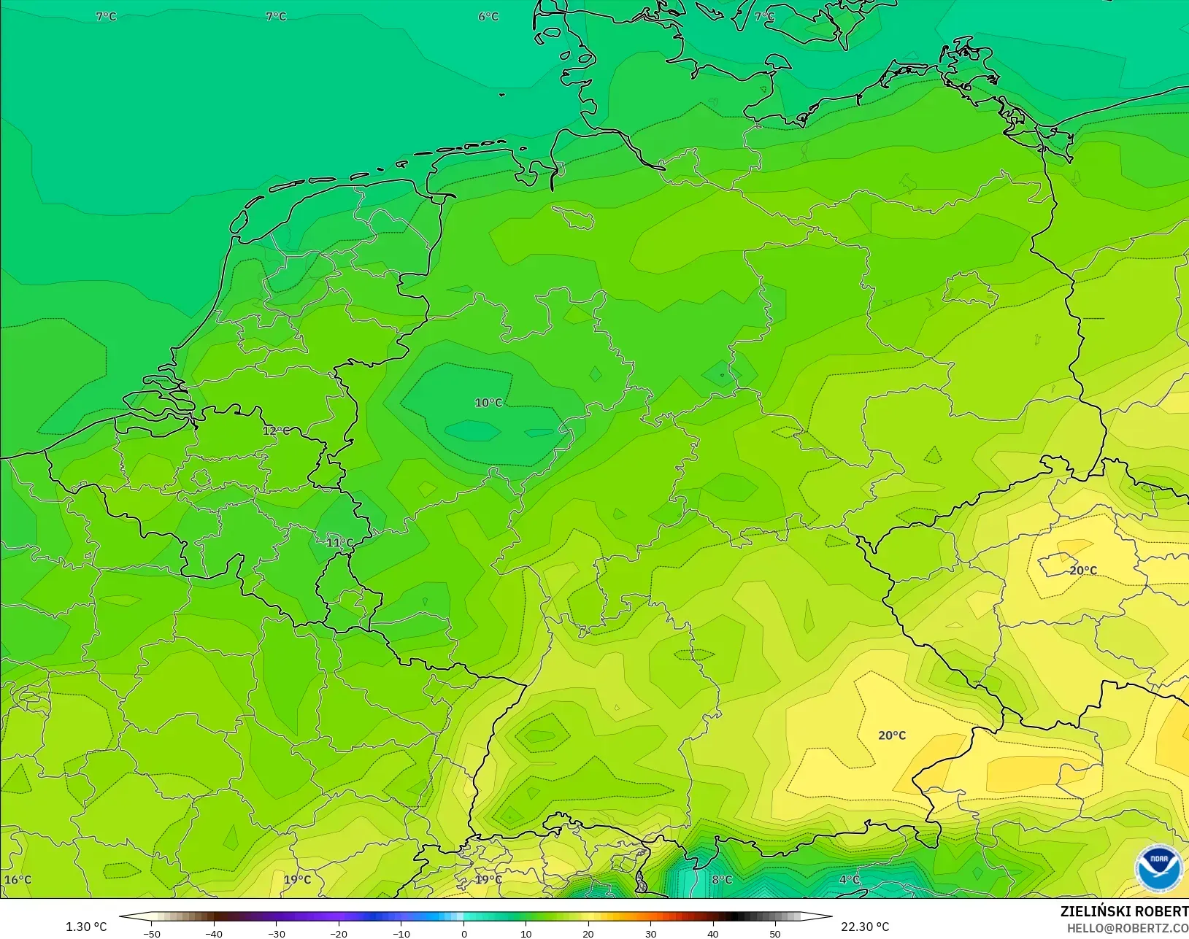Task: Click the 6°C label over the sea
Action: tap(488, 17)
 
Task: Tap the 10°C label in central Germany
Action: tap(488, 403)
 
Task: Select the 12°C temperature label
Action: tap(275, 430)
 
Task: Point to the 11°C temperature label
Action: tap(339, 543)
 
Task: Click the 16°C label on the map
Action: tap(18, 879)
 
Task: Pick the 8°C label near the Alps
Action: tap(722, 879)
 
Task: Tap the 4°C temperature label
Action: tap(849, 879)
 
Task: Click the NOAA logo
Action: tap(1158, 867)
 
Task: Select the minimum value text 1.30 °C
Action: tap(86, 927)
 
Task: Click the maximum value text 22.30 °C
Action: tap(865, 927)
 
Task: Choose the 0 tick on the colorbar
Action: tap(463, 933)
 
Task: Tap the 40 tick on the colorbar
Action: tap(712, 933)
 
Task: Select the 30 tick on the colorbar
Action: tap(650, 933)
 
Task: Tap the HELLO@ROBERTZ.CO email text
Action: tap(1127, 928)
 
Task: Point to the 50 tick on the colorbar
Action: tap(774, 933)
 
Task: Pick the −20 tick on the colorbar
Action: tap(338, 933)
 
